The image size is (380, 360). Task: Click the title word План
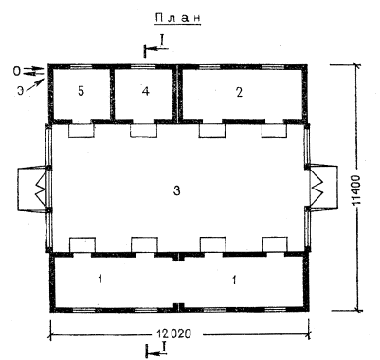pos(178,18)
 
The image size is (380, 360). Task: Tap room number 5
pos(81,92)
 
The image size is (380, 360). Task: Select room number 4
pos(145,92)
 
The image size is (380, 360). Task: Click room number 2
pos(239,92)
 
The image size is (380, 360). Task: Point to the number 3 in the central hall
pos(177,190)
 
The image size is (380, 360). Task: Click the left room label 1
pos(100,279)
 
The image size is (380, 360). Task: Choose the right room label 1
pos(234,279)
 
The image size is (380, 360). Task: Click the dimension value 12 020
pos(174,333)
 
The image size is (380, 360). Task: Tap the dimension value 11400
pos(356,189)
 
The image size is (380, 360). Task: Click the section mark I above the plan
pos(162,40)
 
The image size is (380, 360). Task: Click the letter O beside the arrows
pos(16,71)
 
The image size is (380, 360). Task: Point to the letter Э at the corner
pos(20,91)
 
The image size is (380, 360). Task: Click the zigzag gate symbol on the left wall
pos(41,188)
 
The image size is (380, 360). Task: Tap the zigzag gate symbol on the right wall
pos(317,188)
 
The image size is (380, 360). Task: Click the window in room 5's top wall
pos(81,67)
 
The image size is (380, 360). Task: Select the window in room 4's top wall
pos(143,67)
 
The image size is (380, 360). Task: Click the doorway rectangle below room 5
pos(81,131)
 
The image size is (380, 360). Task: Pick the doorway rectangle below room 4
pos(143,131)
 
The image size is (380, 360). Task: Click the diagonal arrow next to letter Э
pos(35,85)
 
